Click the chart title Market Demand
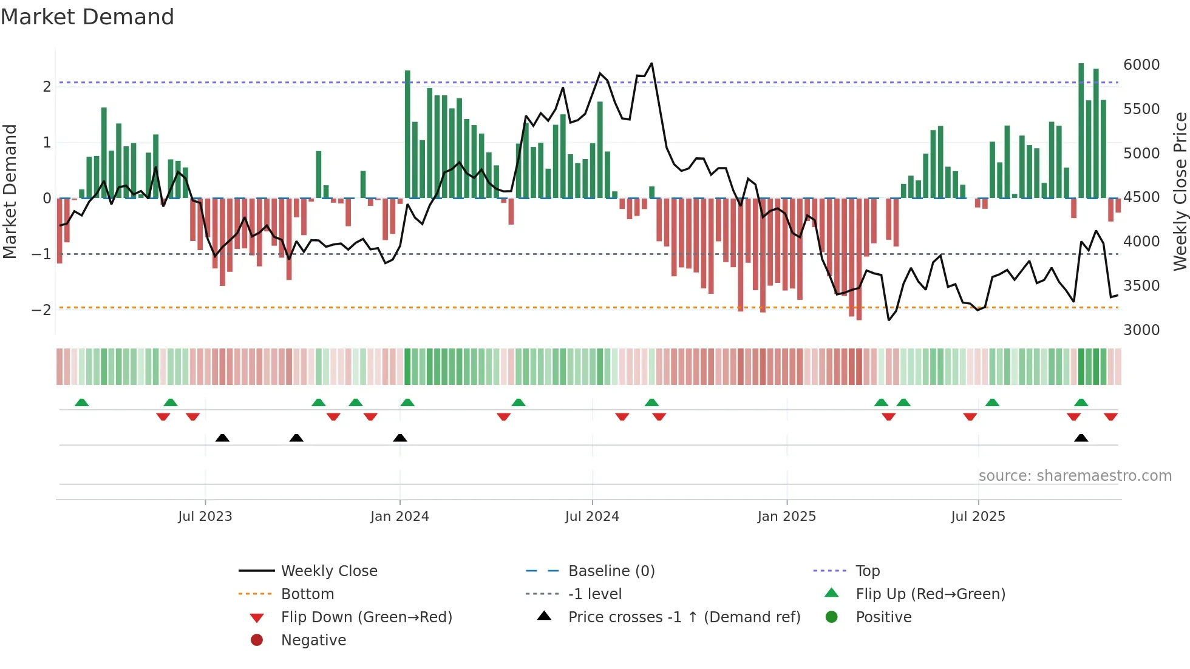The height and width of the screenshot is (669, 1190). coord(87,16)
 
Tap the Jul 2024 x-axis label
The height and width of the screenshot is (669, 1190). coord(592,517)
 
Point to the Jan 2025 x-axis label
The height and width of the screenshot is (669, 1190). coord(786,517)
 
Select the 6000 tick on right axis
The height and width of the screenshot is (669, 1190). coord(1141,65)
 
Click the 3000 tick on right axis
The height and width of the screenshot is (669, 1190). coord(1141,330)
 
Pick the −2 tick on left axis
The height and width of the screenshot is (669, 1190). coord(41,310)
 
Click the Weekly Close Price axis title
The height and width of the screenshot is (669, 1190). coord(1180,191)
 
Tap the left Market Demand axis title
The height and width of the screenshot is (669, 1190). coord(10,191)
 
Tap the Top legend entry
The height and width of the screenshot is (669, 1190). coord(867,571)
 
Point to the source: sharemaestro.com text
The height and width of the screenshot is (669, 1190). coord(1075,476)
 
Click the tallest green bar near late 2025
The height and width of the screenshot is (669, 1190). coord(1081,131)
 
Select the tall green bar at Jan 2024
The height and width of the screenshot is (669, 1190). coord(407,134)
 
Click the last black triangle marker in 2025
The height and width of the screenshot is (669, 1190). coord(1081,438)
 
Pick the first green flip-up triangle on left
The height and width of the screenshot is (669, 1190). coord(81,402)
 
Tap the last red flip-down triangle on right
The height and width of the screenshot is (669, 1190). coord(1110,416)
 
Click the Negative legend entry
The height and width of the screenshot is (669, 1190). coord(313,640)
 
